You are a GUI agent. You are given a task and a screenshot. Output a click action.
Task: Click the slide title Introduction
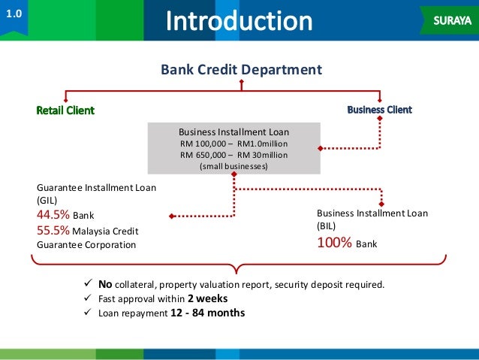pos(239,21)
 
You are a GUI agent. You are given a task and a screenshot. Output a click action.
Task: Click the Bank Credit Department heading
pos(241,70)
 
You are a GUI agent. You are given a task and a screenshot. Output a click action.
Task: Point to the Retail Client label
pos(66,110)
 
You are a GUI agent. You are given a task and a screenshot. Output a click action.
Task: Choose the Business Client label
pos(379,110)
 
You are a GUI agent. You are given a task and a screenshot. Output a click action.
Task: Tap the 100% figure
pos(334,243)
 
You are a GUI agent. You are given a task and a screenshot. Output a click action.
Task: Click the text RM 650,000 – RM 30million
pos(233,155)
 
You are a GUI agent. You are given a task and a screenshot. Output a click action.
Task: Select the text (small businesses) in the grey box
pos(233,166)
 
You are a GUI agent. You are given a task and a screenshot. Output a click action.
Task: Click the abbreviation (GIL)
pos(47,201)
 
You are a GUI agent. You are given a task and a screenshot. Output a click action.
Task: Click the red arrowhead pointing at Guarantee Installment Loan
pos(172,216)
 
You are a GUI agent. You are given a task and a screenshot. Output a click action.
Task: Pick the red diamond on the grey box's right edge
pos(321,149)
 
